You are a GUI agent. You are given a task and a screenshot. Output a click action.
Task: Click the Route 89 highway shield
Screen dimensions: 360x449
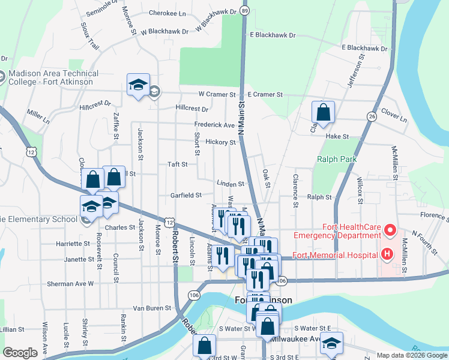(243, 11)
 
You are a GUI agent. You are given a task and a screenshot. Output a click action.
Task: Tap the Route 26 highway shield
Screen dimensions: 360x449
(372, 116)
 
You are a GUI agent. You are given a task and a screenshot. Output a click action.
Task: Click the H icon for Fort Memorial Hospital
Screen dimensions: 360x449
(387, 255)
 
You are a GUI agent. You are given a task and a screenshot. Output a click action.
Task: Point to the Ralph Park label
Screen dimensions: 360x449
(337, 160)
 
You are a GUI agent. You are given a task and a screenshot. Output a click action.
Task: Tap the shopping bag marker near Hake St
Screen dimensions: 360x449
(323, 113)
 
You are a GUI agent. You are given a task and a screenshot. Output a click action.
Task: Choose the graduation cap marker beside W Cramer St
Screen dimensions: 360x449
(138, 86)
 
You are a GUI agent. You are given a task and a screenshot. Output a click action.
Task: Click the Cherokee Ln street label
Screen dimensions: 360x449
(167, 13)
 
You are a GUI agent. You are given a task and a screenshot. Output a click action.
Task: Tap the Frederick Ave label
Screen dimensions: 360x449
(214, 125)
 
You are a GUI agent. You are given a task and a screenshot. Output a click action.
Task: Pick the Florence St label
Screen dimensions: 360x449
(434, 214)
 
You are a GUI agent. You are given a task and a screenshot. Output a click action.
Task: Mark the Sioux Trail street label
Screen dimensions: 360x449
(89, 35)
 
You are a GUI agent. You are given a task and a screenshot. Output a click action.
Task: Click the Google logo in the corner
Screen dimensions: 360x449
(20, 353)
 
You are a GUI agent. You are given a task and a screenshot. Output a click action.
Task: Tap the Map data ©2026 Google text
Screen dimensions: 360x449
(411, 355)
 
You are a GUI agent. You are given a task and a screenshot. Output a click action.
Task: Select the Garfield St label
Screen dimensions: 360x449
(185, 195)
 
